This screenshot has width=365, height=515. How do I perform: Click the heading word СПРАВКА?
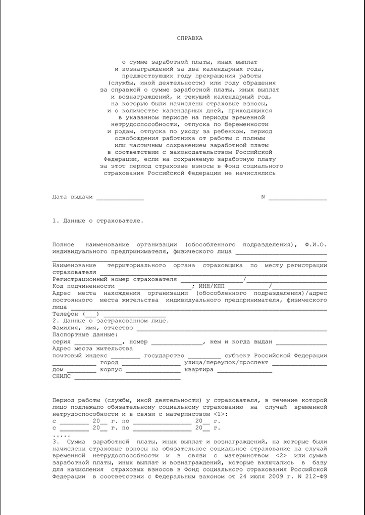[189, 38]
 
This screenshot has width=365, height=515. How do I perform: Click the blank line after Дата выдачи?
[120, 197]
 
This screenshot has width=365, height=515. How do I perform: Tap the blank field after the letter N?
[297, 197]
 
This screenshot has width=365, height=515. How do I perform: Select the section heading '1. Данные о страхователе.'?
[97, 221]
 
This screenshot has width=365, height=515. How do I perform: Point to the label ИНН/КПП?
[213, 286]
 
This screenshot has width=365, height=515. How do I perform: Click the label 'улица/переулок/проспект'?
[227, 363]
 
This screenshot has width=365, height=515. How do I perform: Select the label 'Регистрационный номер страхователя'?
[115, 279]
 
